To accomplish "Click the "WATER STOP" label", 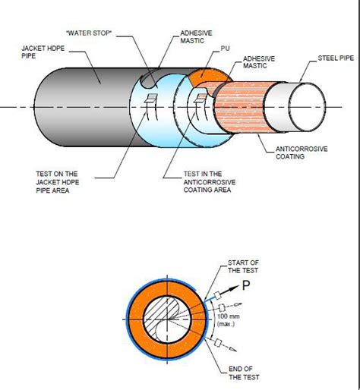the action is [x=89, y=33].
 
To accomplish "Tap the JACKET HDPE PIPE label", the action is [x=43, y=52].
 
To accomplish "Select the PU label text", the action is [x=225, y=49].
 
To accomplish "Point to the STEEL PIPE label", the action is [x=336, y=58].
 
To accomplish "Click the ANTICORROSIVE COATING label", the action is [x=302, y=153].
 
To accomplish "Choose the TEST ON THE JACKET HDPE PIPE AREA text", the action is [x=58, y=182].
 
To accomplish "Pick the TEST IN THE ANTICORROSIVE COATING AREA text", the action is [x=210, y=182].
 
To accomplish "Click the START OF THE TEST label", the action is [x=243, y=266].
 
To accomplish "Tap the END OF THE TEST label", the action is [x=244, y=373].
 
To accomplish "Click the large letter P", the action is [x=246, y=285].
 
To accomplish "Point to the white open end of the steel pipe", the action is [x=308, y=107].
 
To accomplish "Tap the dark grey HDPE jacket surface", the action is [x=84, y=107].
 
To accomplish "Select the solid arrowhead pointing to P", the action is [x=235, y=288].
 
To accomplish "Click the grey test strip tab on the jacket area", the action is [x=153, y=96].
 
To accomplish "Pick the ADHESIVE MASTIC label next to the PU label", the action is [x=259, y=62].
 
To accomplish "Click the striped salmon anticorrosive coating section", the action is [x=241, y=107].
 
